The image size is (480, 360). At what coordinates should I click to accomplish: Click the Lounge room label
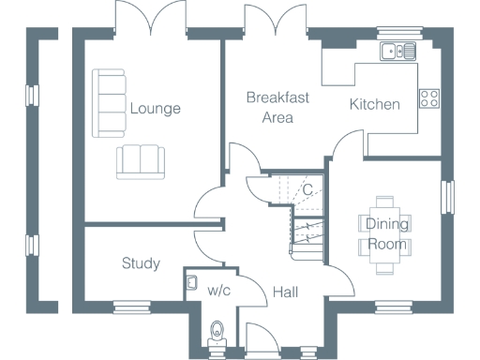pos(155,109)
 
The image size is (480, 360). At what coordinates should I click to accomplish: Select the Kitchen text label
pos(375,104)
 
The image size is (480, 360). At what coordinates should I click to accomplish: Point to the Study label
pos(141,263)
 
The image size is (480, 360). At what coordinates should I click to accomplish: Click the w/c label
pos(218,290)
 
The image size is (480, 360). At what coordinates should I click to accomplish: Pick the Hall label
pos(285,292)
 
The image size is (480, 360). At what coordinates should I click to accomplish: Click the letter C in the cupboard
pos(306,190)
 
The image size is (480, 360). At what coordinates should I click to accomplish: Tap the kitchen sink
pos(397,52)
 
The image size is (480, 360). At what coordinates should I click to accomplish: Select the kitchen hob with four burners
pos(430,98)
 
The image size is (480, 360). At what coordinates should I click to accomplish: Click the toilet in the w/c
pos(218,331)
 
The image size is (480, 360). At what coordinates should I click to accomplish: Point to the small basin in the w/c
pos(191,281)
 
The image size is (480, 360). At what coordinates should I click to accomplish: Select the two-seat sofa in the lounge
pos(140,161)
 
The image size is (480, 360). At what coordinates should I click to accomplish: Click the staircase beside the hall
pos(306,234)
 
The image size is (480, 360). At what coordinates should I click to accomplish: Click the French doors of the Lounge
pos(147,19)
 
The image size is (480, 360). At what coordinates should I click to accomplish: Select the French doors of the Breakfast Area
pos(271,19)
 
